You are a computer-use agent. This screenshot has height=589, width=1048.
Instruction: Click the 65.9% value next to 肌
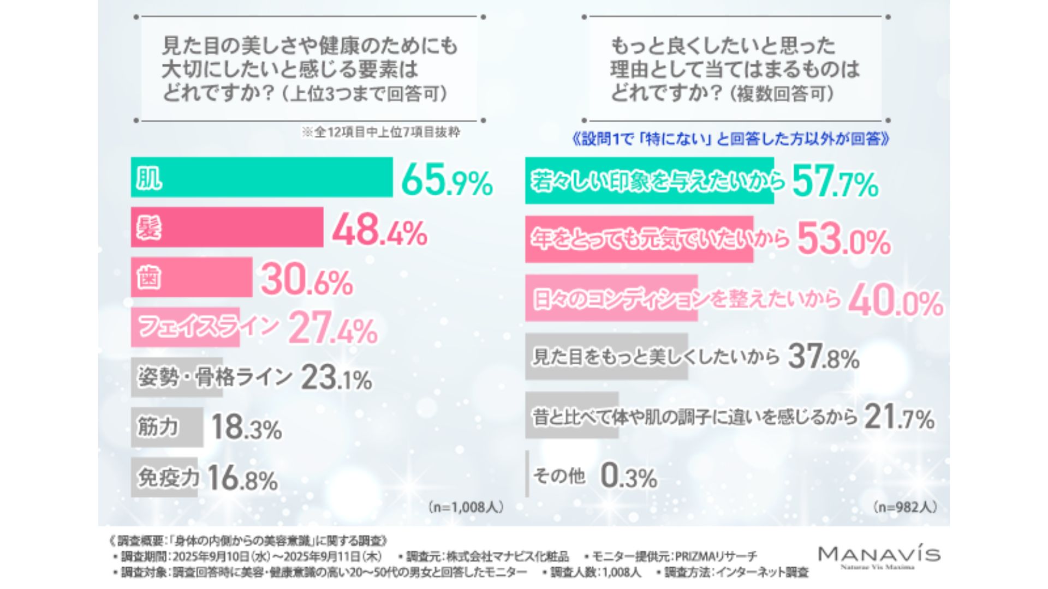[446, 181]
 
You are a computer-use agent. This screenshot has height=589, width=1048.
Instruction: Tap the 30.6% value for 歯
[307, 280]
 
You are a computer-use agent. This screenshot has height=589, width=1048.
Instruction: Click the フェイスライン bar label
[207, 327]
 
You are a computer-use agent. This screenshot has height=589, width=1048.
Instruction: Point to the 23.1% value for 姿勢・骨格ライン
[336, 377]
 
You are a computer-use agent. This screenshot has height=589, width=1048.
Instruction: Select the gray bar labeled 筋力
[166, 426]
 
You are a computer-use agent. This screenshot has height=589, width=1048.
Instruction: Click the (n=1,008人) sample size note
[466, 507]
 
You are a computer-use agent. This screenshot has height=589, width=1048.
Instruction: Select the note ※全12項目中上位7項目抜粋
[380, 133]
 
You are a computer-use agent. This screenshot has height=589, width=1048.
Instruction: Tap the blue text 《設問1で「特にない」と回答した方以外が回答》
[730, 140]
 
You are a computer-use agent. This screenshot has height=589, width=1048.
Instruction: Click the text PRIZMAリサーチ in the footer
[716, 557]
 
